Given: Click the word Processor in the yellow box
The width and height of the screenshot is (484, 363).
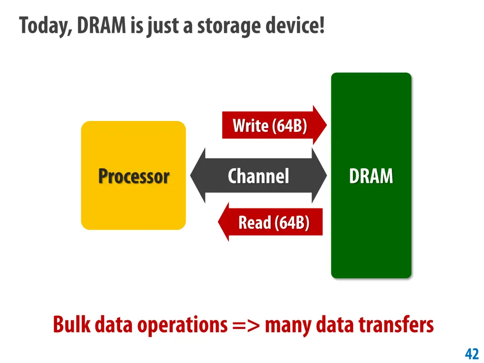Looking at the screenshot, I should pyautogui.click(x=133, y=176).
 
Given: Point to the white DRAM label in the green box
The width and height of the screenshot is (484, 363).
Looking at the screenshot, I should pyautogui.click(x=371, y=176).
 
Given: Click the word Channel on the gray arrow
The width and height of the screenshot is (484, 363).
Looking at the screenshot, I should pyautogui.click(x=258, y=176).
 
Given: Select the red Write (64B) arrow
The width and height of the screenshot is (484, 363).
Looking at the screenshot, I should pyautogui.click(x=270, y=126).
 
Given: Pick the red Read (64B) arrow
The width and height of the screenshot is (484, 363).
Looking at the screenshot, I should pyautogui.click(x=274, y=222).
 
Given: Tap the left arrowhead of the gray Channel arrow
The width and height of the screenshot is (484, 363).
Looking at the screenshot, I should pyautogui.click(x=198, y=176).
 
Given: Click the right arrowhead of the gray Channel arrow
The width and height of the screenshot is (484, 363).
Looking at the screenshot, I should pyautogui.click(x=320, y=176).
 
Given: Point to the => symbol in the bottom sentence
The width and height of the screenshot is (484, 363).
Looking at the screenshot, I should pyautogui.click(x=244, y=325).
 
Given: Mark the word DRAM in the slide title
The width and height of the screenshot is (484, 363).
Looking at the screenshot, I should pyautogui.click(x=102, y=25).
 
